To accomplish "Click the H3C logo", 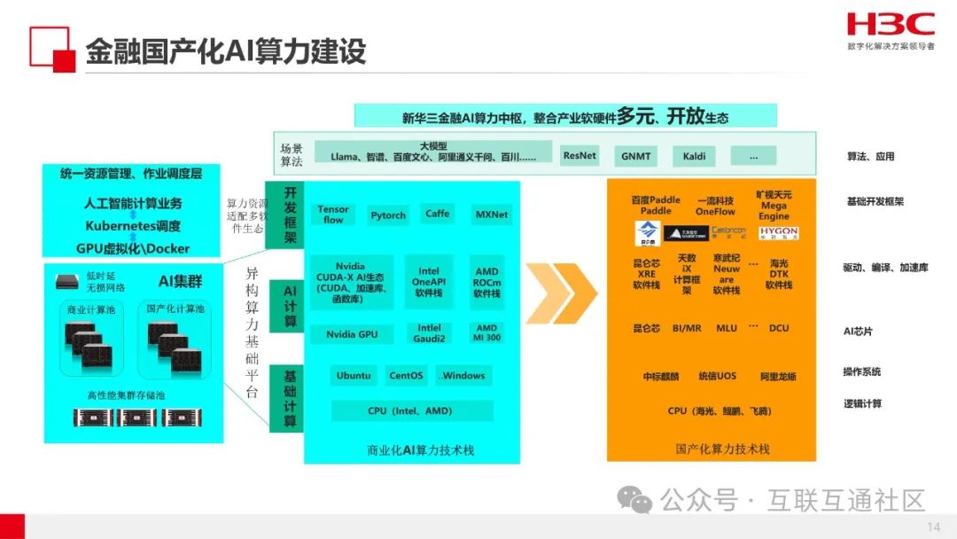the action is click(x=890, y=24).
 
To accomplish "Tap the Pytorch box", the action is click(x=388, y=215).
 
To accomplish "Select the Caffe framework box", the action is click(x=438, y=214).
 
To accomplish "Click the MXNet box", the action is click(x=492, y=215).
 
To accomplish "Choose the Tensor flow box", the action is click(x=333, y=215).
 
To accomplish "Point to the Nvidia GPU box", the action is click(x=351, y=334).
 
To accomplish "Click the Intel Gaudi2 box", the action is click(x=429, y=333).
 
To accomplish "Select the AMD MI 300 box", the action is click(x=487, y=333).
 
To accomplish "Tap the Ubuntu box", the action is click(x=354, y=376).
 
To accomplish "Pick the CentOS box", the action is click(x=406, y=376).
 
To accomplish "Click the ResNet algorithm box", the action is click(x=580, y=155).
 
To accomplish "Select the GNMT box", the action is click(x=635, y=156).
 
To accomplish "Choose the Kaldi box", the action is click(x=694, y=156).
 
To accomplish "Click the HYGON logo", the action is click(x=778, y=232).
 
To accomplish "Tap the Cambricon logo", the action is click(x=727, y=232).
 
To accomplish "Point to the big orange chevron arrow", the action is click(x=561, y=293).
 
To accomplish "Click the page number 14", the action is click(x=933, y=527).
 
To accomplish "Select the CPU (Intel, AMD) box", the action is click(x=412, y=411).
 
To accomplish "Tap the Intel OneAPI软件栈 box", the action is click(x=429, y=281).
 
